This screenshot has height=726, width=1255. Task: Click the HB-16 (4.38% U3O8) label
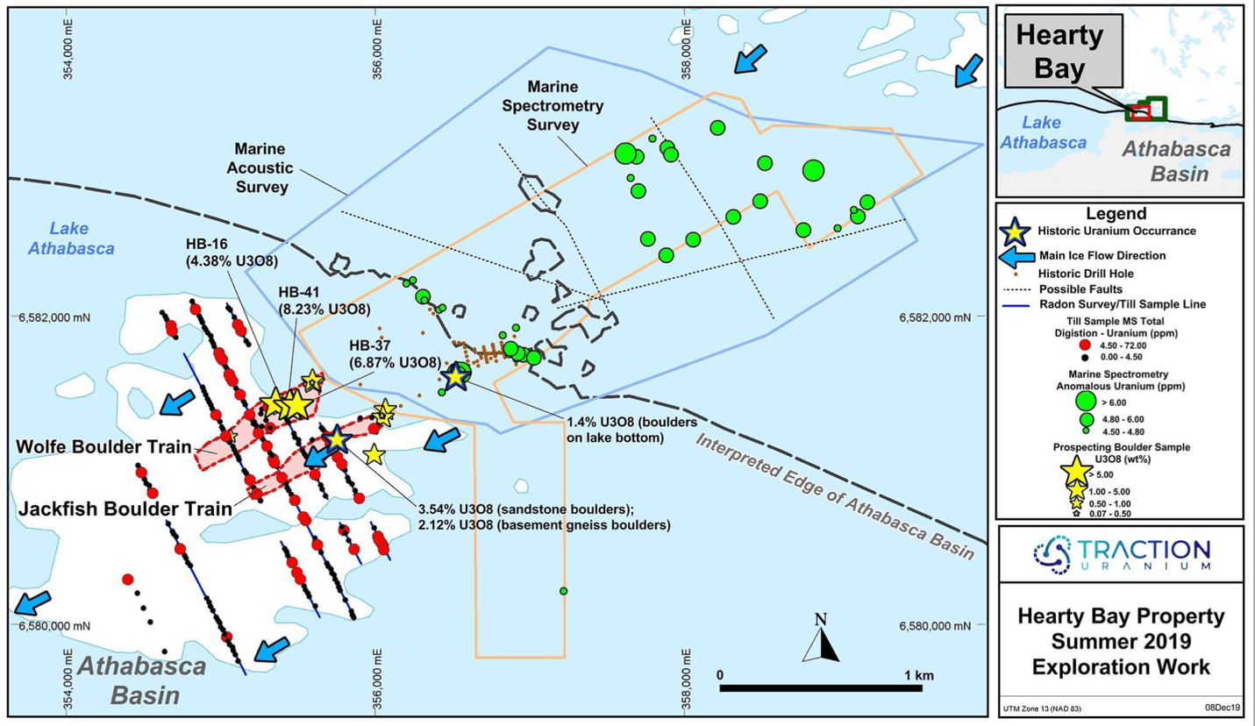click(232, 253)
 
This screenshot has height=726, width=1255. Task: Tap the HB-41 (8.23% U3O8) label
click(324, 300)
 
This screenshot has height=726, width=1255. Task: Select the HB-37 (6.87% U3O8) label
click(395, 354)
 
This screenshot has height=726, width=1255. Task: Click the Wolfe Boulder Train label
click(103, 446)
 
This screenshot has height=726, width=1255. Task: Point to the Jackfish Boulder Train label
click(125, 509)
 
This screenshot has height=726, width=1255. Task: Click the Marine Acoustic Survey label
click(260, 168)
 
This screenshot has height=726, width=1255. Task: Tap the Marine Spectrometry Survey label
click(553, 106)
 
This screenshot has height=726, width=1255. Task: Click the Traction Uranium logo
click(1122, 554)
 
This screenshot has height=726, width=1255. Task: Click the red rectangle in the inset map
click(1140, 112)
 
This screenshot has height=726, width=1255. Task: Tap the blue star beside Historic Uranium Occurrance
click(1016, 231)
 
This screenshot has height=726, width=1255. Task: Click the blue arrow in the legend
click(1016, 257)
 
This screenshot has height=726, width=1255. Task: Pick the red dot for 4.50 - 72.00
click(1085, 345)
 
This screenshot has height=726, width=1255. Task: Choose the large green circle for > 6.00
click(1086, 401)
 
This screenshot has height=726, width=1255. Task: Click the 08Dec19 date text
click(1223, 708)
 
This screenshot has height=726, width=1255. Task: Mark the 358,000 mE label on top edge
click(687, 49)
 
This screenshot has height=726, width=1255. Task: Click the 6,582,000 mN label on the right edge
click(935, 317)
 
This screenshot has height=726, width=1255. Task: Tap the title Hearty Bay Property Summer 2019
click(1121, 629)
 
